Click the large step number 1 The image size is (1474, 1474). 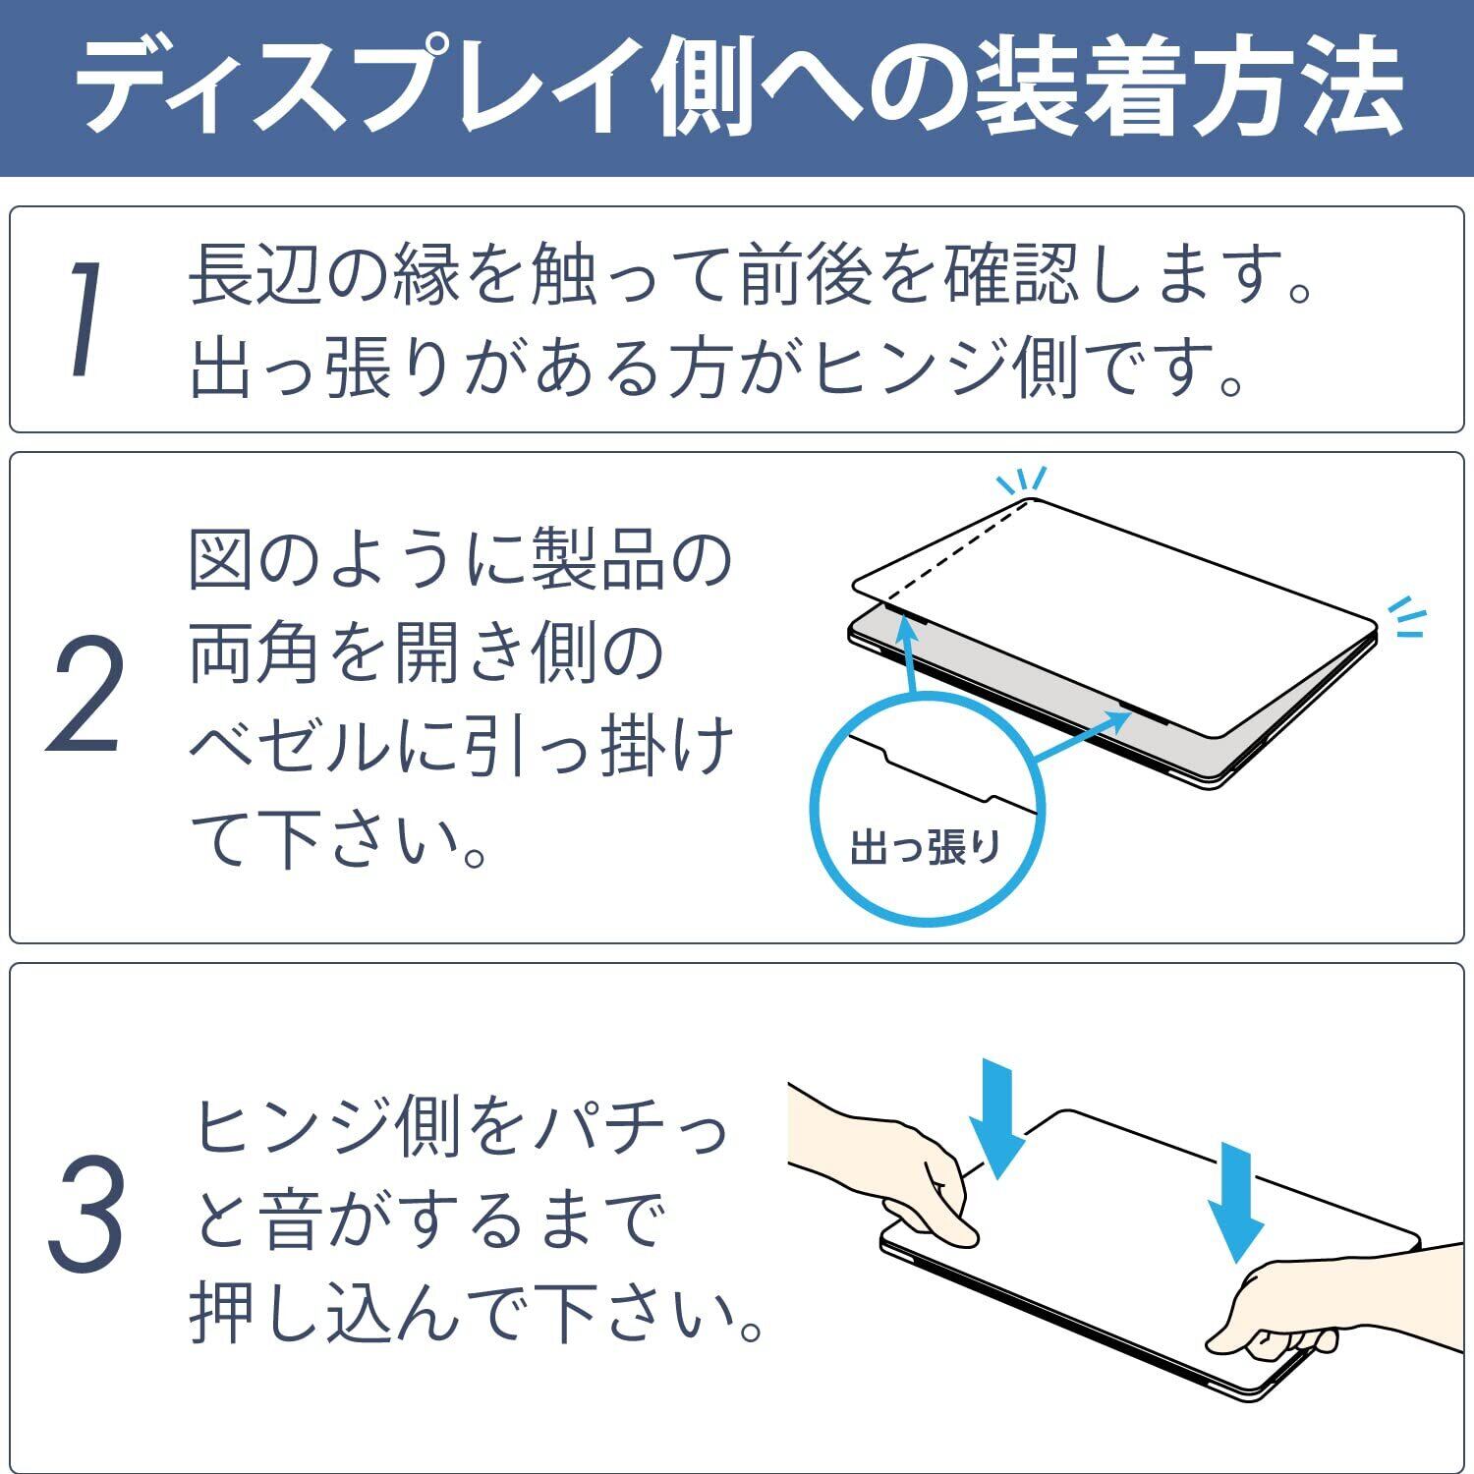coord(85,319)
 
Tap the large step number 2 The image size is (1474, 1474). coord(86,694)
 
